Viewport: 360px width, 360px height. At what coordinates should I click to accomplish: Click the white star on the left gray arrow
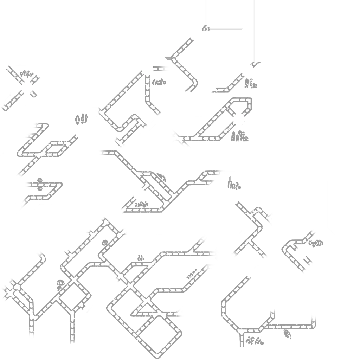(x=26, y=88)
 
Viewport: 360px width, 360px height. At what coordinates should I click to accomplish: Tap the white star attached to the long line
(x=238, y=118)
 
